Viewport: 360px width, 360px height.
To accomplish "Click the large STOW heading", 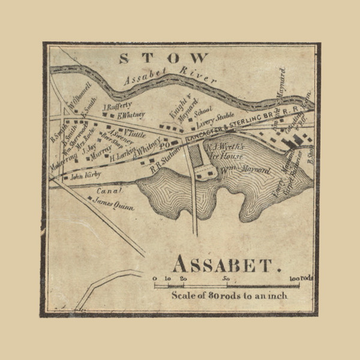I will [164, 58].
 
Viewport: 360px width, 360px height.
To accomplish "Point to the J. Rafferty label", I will [118, 107].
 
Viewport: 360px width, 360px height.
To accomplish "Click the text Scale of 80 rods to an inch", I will [230, 295].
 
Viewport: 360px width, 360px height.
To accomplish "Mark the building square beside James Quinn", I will [90, 199].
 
